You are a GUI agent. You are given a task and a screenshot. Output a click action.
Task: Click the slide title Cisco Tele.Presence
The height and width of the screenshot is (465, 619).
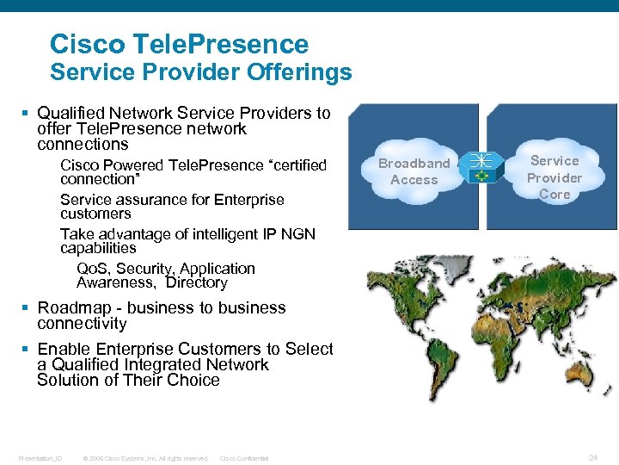point(179,43)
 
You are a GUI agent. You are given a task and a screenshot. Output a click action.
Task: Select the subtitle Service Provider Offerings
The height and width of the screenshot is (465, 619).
point(200,71)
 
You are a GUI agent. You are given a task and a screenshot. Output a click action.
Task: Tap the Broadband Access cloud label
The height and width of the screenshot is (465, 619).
point(414,171)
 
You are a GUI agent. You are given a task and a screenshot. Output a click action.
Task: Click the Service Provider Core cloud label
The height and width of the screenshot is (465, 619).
point(555,177)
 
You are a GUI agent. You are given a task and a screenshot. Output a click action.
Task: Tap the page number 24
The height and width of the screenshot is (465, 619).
point(593,456)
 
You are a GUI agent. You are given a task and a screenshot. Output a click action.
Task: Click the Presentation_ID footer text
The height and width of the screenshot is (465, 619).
point(40,458)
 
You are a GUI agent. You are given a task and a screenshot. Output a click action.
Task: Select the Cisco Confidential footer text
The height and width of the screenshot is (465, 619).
point(244,458)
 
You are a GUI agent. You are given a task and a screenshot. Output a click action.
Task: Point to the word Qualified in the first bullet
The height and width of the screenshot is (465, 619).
point(73,113)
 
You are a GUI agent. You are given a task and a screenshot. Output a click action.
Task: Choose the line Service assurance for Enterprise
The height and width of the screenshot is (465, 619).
point(172,200)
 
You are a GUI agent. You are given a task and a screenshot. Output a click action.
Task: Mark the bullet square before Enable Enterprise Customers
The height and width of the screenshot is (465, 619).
point(28,349)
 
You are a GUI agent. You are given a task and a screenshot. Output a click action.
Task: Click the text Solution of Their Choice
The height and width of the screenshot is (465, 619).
point(128,380)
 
